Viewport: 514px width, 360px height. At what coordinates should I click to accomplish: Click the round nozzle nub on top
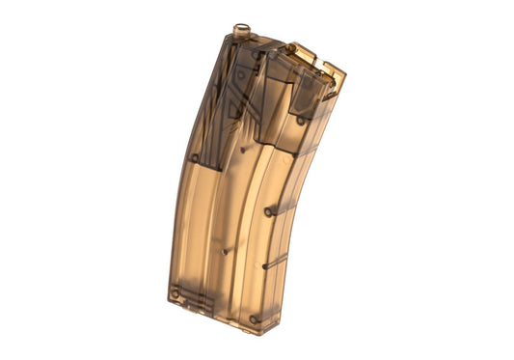(x=239, y=33)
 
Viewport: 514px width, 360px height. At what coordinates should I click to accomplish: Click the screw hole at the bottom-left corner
(x=175, y=292)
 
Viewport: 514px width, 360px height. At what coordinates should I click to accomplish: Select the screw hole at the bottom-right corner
(x=254, y=319)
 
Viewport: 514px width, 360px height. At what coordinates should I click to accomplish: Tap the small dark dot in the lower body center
(x=224, y=253)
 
